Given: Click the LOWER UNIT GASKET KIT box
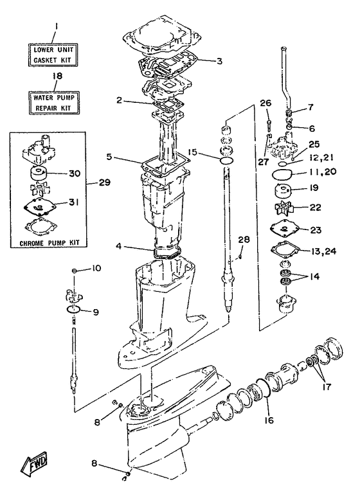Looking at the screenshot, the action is coord(53,55).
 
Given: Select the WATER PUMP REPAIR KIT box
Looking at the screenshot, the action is coord(54,103).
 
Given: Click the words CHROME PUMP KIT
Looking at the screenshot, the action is coord(50,242).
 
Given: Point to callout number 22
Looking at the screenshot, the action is coord(315,208).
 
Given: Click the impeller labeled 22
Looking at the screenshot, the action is coord(285,208).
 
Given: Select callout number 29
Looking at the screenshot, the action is coord(105,182).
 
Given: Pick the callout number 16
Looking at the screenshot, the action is coord(269,420).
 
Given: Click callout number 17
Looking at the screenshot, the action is coord(326,387).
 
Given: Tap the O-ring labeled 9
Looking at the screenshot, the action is coord(74,309).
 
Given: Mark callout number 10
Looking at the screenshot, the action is coord(96,268).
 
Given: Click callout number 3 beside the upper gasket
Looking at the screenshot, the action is coord(219,61).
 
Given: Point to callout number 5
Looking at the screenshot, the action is coord(109,156).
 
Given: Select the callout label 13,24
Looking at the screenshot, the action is coord(323,251).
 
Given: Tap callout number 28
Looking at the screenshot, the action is coord(244,240).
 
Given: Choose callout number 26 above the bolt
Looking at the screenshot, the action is coord(265,103).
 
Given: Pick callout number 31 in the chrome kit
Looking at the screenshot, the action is coord(74,202).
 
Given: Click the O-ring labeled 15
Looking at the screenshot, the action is coord(226,161).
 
